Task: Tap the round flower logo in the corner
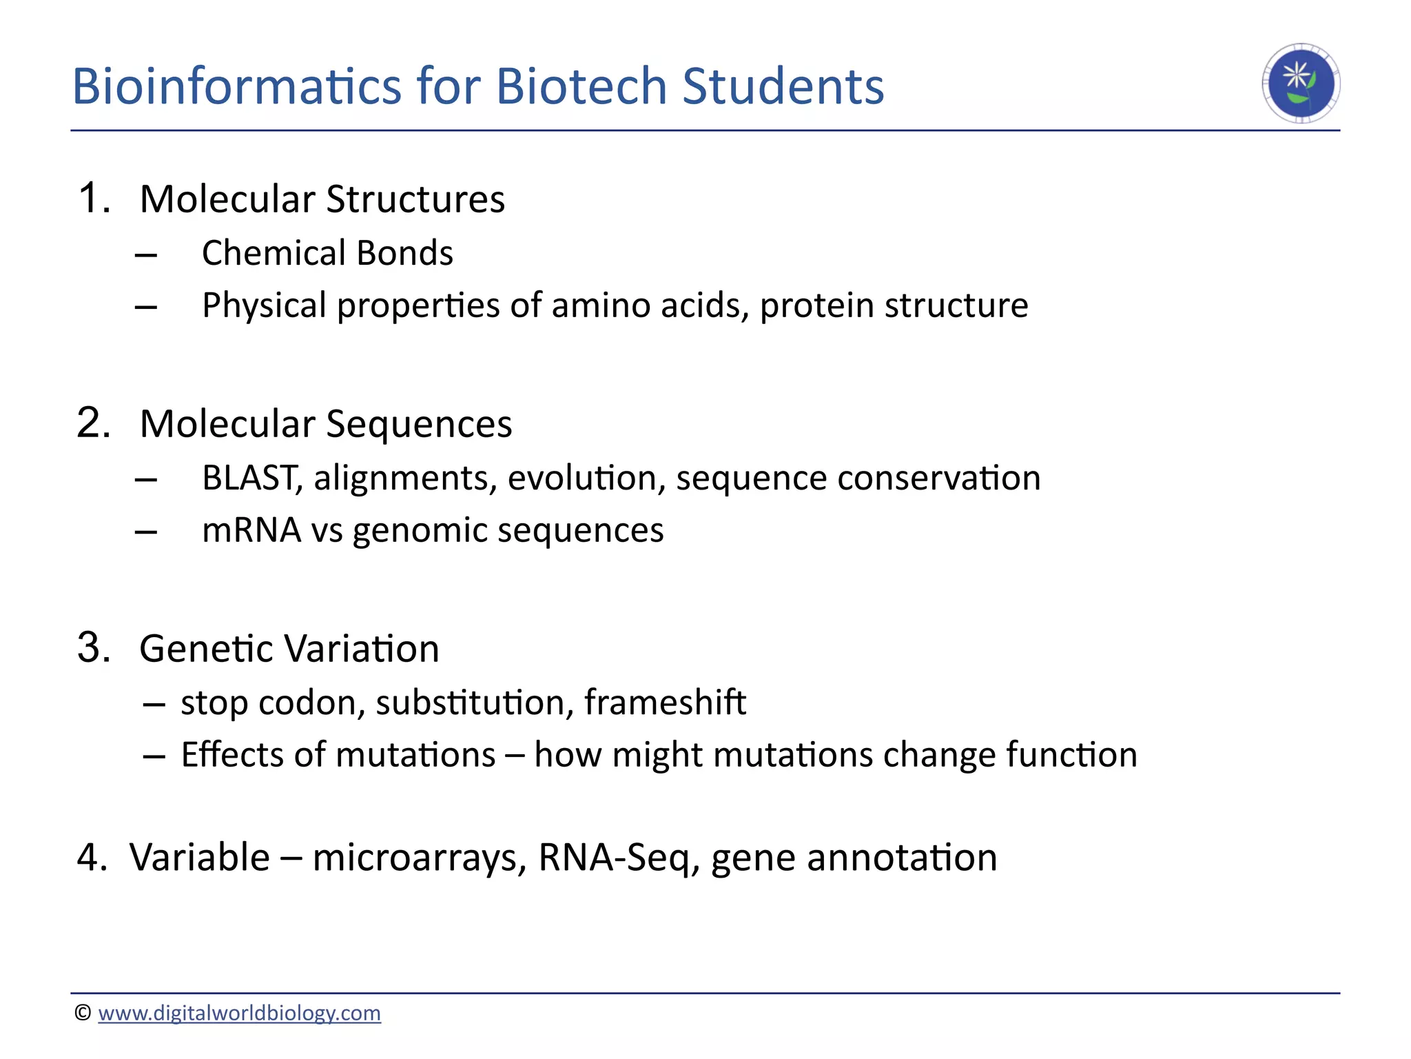coord(1300,83)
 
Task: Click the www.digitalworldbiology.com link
coord(239,1013)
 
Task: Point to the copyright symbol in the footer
coord(83,1012)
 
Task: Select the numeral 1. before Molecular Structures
coord(94,199)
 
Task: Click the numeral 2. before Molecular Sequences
coord(94,423)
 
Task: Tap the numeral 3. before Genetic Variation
coord(94,648)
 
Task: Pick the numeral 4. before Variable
coord(92,858)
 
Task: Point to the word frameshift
coord(665,703)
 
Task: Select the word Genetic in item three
coord(206,649)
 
